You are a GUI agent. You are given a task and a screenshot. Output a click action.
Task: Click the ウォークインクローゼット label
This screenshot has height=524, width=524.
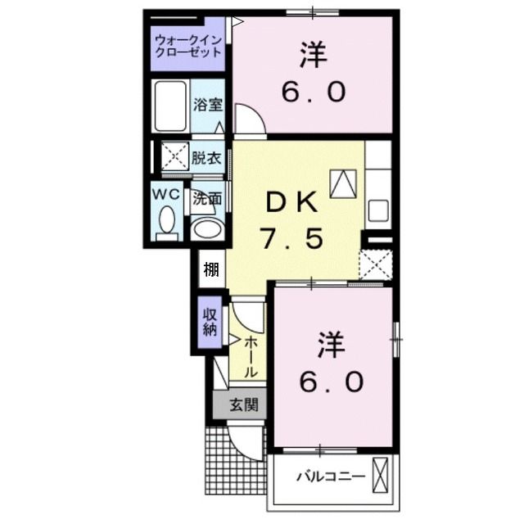[x=188, y=44]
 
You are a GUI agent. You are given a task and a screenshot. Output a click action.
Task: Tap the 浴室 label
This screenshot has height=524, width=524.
[x=208, y=105]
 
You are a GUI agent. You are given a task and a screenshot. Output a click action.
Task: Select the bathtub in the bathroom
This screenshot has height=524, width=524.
[x=170, y=107]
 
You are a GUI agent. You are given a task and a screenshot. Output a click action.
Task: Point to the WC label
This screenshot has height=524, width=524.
[x=167, y=195]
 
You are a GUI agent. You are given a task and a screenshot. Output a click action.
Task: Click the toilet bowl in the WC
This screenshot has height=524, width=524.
[x=168, y=221]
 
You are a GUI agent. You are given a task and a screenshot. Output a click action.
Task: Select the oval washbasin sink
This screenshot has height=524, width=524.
[x=207, y=228]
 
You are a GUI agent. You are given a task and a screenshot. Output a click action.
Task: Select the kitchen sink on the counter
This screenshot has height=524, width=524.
[x=378, y=210]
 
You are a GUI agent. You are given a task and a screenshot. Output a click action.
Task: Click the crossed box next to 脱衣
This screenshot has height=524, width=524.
[x=174, y=155]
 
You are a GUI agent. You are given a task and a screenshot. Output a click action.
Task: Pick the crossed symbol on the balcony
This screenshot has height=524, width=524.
[x=381, y=474]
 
